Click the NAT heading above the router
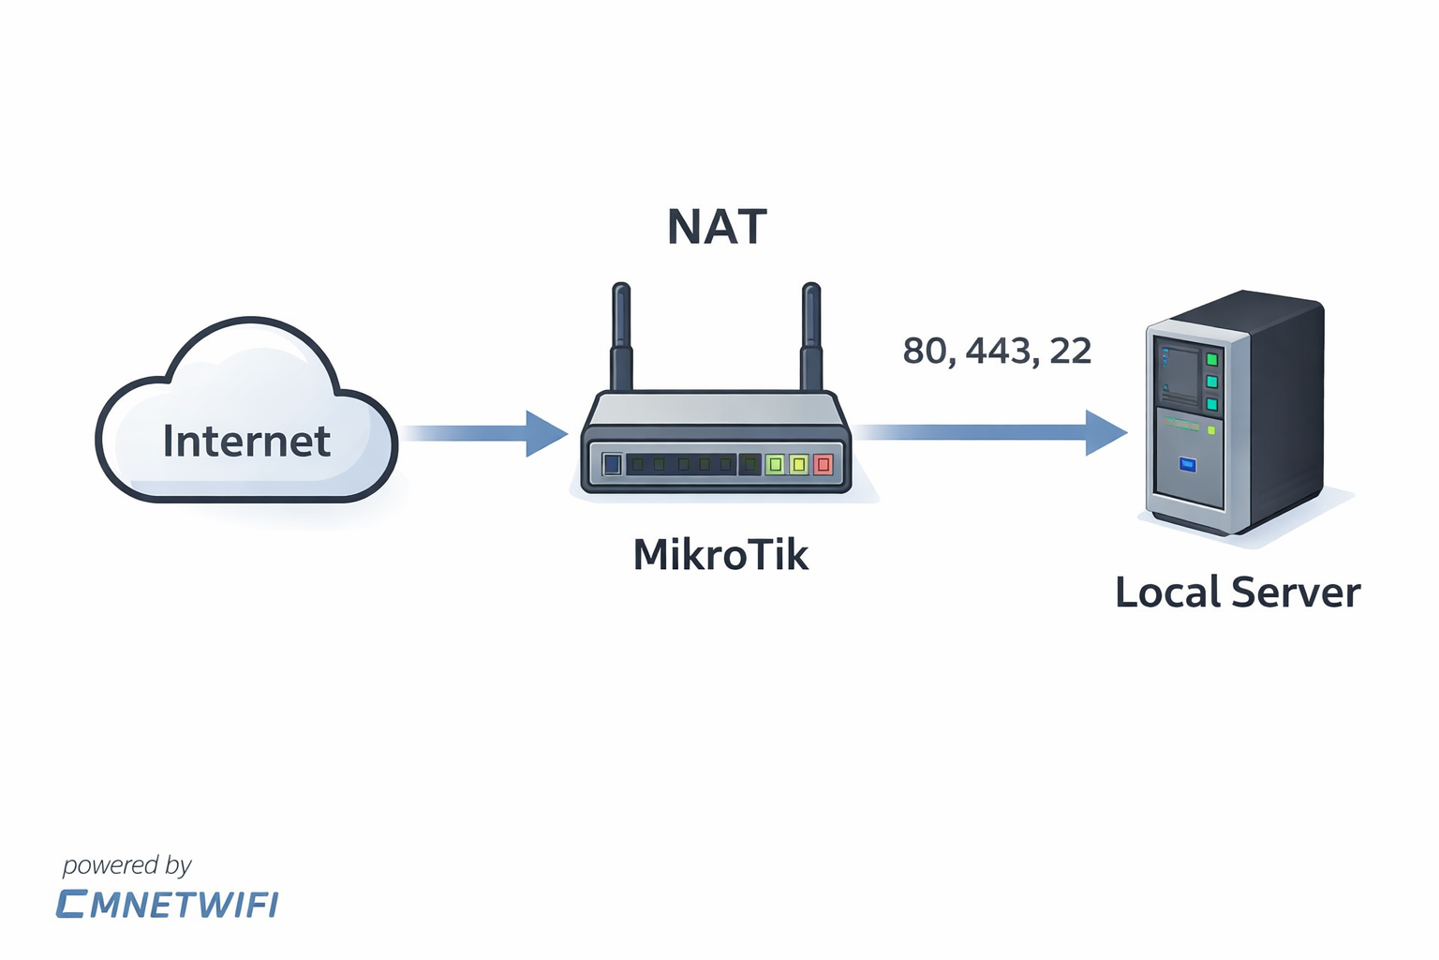[717, 228]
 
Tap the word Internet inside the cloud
[246, 442]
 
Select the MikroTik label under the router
[719, 555]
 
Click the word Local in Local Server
[1167, 592]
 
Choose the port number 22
[1071, 352]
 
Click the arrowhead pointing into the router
[545, 433]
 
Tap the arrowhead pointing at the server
[1105, 432]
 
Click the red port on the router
[823, 464]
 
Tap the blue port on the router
[612, 464]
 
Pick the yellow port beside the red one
[798, 464]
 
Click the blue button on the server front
[1188, 464]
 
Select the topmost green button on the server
[1211, 360]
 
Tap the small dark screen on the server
[1179, 371]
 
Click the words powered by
[126, 865]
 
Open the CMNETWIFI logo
[167, 905]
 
